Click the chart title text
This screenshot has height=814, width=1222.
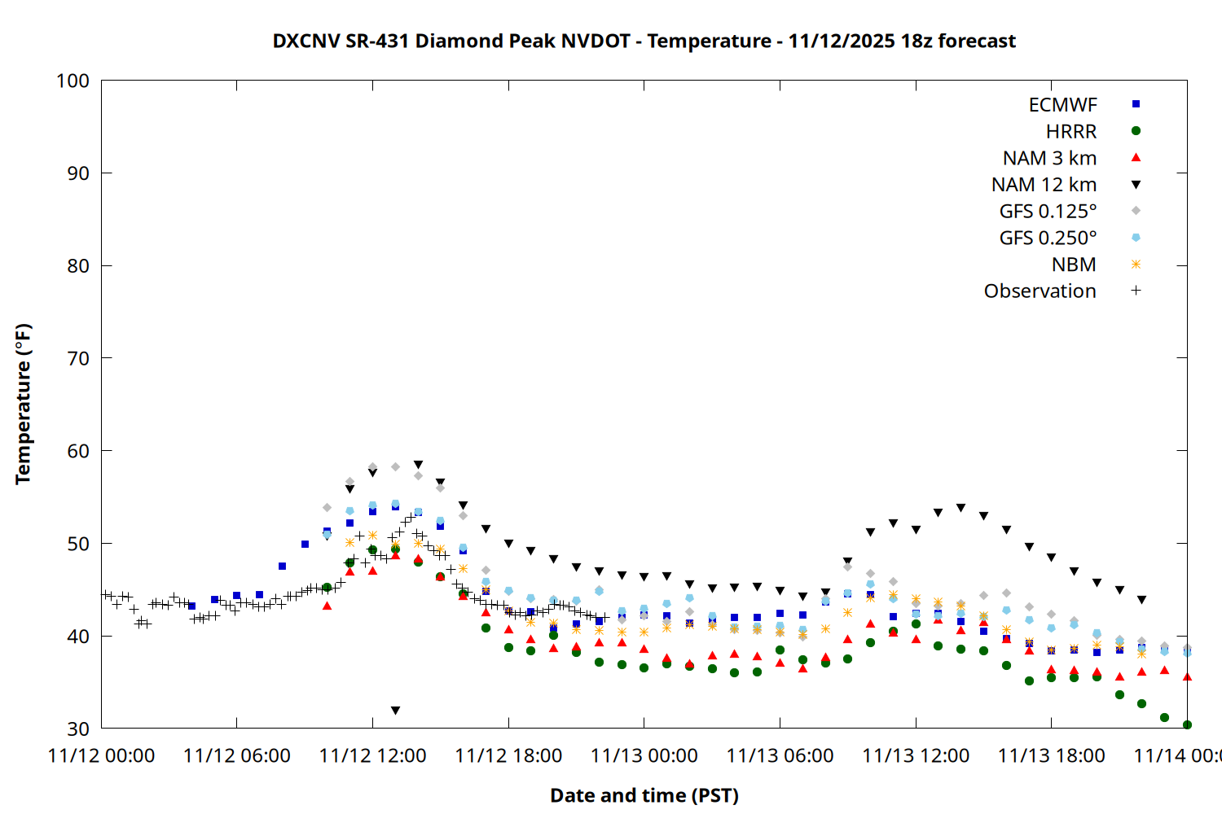(x=644, y=41)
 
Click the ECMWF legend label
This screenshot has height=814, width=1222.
(x=1062, y=105)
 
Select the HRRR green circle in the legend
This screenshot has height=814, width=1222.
(x=1136, y=131)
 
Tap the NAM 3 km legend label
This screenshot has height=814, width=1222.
(x=1049, y=158)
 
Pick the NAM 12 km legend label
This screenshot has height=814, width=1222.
(x=1044, y=185)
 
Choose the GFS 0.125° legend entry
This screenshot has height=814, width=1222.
(x=1048, y=212)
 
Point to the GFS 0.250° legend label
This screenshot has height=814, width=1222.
(x=1048, y=238)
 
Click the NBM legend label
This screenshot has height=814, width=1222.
(x=1074, y=265)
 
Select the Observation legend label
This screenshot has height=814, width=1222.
(x=1040, y=291)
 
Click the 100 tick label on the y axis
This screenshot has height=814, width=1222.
(x=73, y=81)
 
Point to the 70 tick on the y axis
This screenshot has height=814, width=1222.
(x=78, y=358)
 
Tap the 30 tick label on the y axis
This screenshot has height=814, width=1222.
(x=78, y=729)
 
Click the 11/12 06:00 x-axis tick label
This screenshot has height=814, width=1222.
(x=237, y=756)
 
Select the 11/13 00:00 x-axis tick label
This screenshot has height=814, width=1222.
(x=644, y=756)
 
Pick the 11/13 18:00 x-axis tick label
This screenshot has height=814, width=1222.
(x=1052, y=756)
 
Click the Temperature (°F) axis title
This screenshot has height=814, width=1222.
(x=23, y=404)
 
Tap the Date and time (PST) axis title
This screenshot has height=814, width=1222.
(x=644, y=795)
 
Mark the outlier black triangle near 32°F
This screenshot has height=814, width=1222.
(x=396, y=711)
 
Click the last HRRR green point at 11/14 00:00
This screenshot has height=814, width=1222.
(x=1187, y=724)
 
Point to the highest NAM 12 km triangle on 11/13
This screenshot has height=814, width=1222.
(x=960, y=508)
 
